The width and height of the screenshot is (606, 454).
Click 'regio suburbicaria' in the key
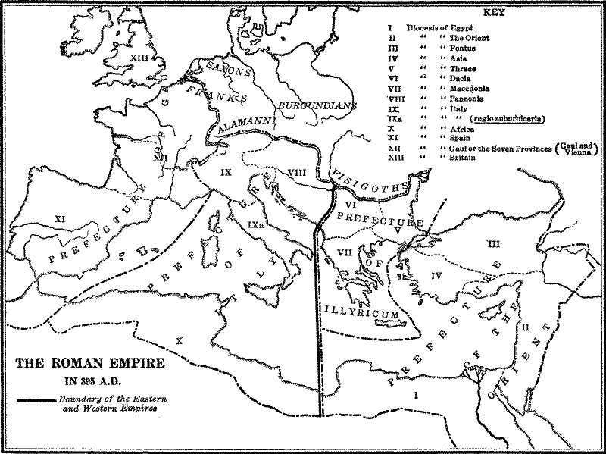click(x=508, y=120)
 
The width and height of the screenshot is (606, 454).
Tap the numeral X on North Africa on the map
click(x=179, y=340)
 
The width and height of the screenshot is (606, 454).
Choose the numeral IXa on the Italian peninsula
click(x=255, y=225)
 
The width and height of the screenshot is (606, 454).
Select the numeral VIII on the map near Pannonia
click(x=297, y=173)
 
